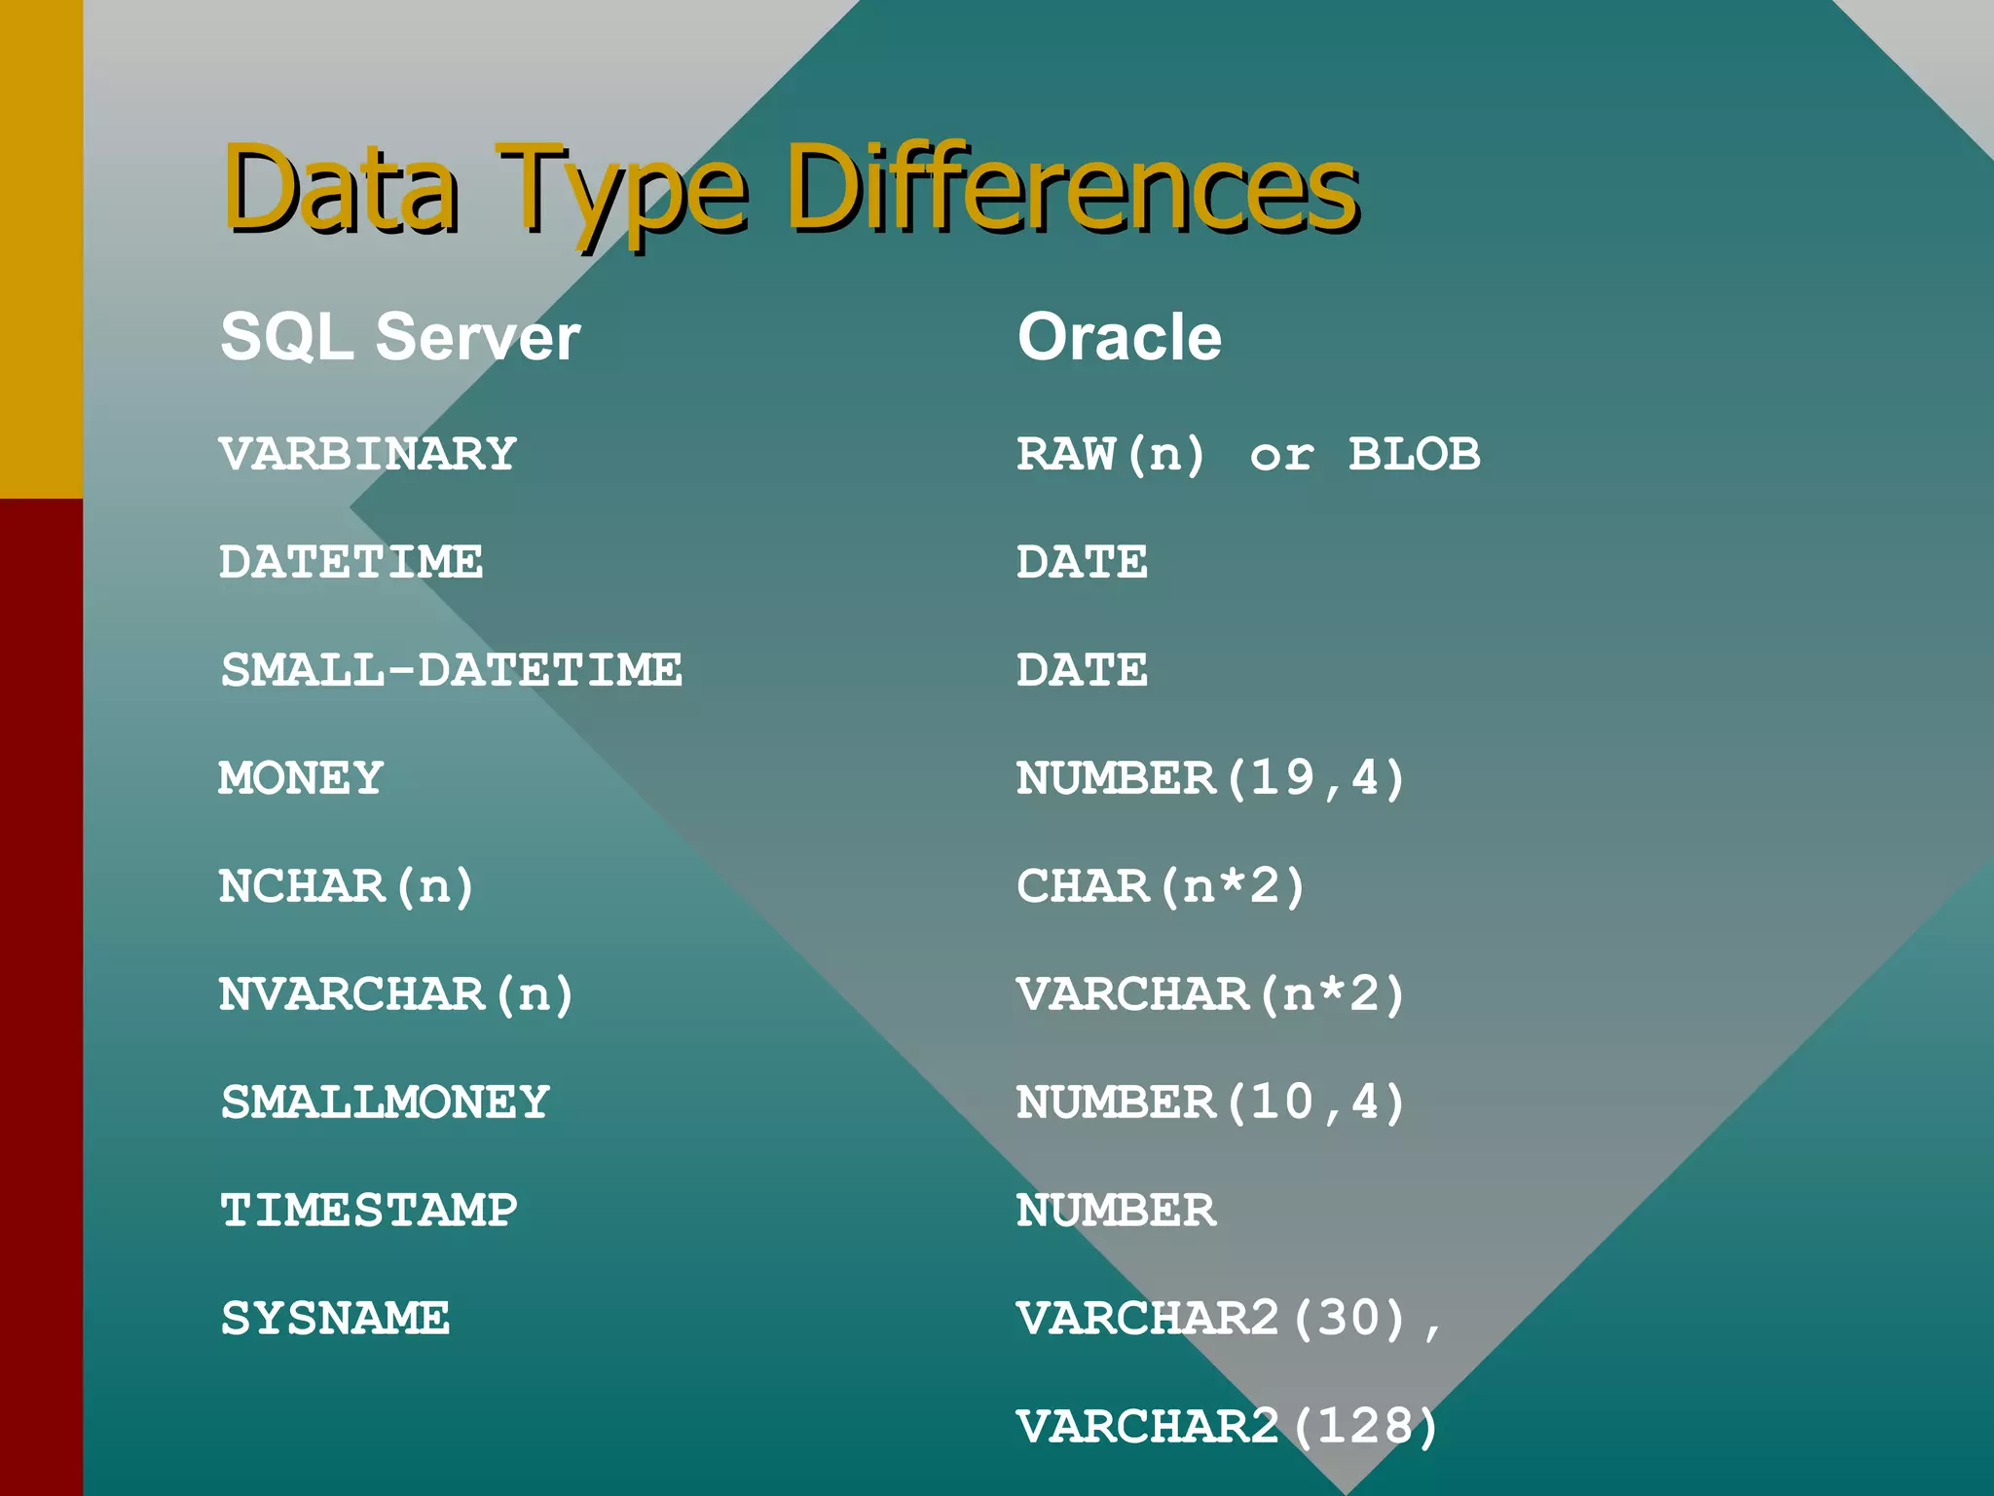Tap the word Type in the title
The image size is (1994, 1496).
point(623,190)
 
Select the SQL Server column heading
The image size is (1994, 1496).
point(400,337)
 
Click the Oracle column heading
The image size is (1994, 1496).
point(1119,337)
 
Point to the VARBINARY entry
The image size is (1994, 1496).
point(368,454)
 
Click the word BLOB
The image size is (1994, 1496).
point(1414,454)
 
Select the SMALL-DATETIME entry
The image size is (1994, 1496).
point(452,670)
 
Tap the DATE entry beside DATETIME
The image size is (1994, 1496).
point(1082,562)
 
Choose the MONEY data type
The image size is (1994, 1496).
point(301,778)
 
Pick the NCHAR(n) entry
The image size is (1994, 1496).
point(346,886)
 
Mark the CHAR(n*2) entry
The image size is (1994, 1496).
point(1160,886)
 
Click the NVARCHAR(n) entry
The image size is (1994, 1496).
point(396,994)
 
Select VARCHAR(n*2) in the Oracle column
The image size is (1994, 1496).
point(1210,994)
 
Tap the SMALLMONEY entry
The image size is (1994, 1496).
point(385,1103)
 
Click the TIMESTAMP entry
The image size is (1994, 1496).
point(369,1211)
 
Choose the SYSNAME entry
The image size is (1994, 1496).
point(335,1319)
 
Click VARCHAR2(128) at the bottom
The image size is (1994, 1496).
point(1227,1427)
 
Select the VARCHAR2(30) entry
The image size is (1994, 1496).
point(1212,1319)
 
